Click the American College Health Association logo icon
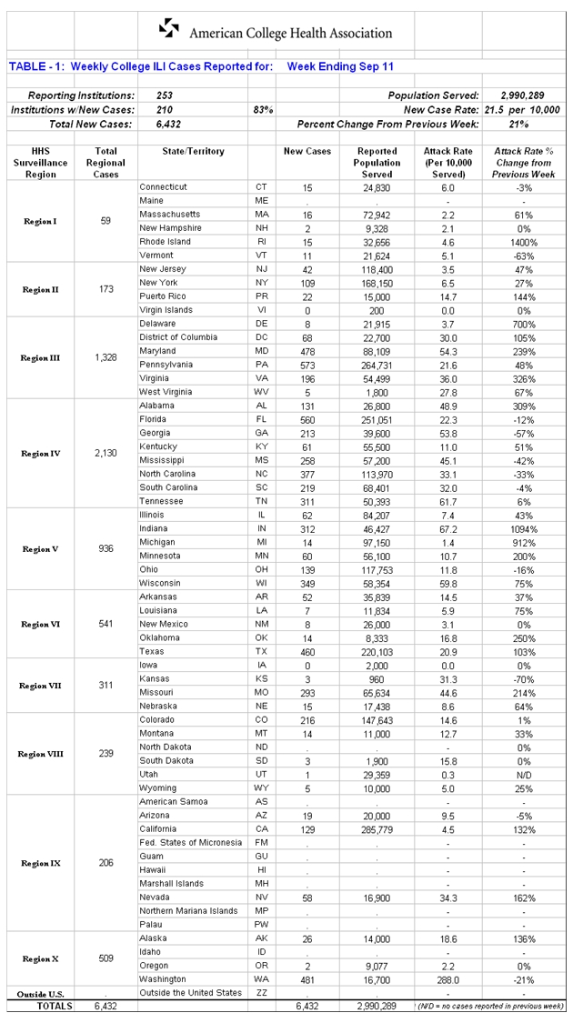pyautogui.click(x=170, y=29)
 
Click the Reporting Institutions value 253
pyautogui.click(x=165, y=95)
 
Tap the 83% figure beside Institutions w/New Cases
pyautogui.click(x=263, y=109)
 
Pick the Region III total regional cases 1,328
pyautogui.click(x=106, y=357)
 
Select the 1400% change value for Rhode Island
pyautogui.click(x=523, y=242)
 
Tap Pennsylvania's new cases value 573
pyautogui.click(x=307, y=365)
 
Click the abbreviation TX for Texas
pyautogui.click(x=261, y=651)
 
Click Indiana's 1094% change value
pyautogui.click(x=523, y=528)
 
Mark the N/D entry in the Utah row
pyautogui.click(x=523, y=774)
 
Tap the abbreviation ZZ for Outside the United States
pyautogui.click(x=261, y=992)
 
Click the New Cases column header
pyautogui.click(x=307, y=151)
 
